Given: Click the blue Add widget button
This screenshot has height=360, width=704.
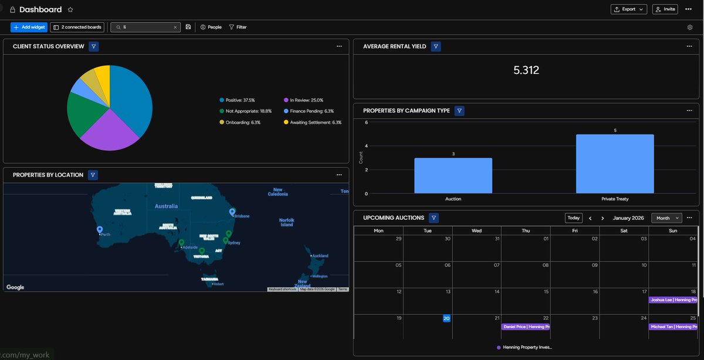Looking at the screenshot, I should tap(29, 27).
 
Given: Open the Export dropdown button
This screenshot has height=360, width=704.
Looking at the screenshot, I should tap(629, 9).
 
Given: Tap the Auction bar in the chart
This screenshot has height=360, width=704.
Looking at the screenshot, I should tap(453, 175).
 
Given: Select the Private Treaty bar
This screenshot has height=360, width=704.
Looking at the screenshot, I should tap(615, 164).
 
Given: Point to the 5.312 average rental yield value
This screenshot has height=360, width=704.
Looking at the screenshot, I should tap(526, 70).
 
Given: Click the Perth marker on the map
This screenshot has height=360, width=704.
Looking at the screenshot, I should tap(100, 230).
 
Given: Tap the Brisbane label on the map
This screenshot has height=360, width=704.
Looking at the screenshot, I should tap(242, 216).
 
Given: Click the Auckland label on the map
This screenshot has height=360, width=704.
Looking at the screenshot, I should tap(320, 256).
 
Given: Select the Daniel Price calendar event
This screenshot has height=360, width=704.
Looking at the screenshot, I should tap(526, 327).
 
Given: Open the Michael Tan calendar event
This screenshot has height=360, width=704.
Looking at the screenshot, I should tap(673, 327).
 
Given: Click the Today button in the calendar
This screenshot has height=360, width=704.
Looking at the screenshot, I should tap(574, 218).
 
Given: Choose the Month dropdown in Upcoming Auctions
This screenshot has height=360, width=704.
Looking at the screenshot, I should tap(666, 218).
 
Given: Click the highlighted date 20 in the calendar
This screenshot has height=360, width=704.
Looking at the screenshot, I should tap(446, 318).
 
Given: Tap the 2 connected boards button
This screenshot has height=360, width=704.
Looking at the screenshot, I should tap(77, 27).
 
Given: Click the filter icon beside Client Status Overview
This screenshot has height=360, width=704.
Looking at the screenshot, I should tap(94, 46).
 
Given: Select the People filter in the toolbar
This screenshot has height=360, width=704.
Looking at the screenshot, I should tap(211, 27).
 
